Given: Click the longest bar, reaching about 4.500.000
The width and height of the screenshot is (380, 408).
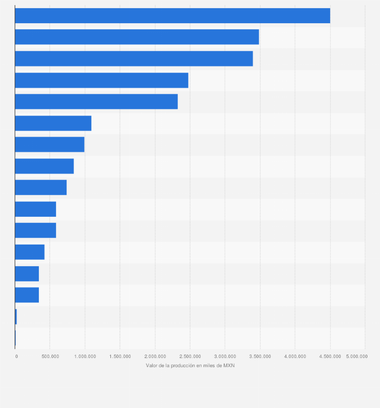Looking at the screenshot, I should pos(172,16).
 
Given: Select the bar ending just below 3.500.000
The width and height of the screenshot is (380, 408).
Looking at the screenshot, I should pos(137,37).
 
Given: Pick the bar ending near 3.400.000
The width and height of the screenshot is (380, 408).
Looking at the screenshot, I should pos(134,59).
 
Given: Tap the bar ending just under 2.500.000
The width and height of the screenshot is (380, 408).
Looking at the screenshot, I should pos(101,80).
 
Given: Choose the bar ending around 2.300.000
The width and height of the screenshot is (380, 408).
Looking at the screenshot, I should pos(96,101).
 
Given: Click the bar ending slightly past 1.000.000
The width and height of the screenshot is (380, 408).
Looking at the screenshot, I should pos(53,123).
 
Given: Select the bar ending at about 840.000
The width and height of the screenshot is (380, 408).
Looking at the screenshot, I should pos(44,166).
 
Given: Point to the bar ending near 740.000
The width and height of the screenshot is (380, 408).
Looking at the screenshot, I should pos(41,188).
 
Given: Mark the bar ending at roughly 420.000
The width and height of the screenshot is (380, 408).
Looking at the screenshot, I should pos(30,252).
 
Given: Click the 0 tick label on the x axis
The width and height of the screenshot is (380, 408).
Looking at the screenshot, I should pos(17,357).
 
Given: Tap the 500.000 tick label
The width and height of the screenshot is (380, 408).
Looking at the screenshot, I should pos(50,357).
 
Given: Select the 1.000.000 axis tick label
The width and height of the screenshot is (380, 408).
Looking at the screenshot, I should pos(85,357).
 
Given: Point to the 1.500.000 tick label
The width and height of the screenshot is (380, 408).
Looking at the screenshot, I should pos(120,357).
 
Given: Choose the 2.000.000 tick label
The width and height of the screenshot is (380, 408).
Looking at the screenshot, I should pos(155,357).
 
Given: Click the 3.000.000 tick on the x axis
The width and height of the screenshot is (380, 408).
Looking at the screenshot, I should pos(225,357).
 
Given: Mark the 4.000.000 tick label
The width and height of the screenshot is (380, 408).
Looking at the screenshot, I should pos(295,357).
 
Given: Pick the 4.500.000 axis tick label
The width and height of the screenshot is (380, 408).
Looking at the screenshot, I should pos(330,357).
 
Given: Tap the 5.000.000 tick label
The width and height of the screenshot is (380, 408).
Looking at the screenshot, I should pos(356,357).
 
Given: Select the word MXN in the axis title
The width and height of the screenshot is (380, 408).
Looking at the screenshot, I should pos(229,366).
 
